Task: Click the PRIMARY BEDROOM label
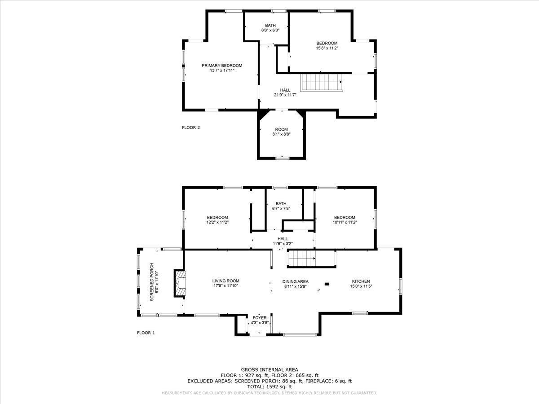point(221,66)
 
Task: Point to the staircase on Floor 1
point(301,259)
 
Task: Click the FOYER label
point(260,318)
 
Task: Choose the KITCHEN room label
point(361,281)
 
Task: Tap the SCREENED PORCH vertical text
point(152,282)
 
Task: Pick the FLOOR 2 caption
point(190,127)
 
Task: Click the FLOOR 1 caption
point(146,333)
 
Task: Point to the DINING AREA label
point(295,281)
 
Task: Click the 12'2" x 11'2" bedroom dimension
point(217,222)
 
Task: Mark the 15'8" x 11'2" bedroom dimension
point(327,48)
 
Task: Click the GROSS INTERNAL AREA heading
point(269,369)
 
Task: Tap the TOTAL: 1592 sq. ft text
point(269,386)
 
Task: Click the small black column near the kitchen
point(327,284)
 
